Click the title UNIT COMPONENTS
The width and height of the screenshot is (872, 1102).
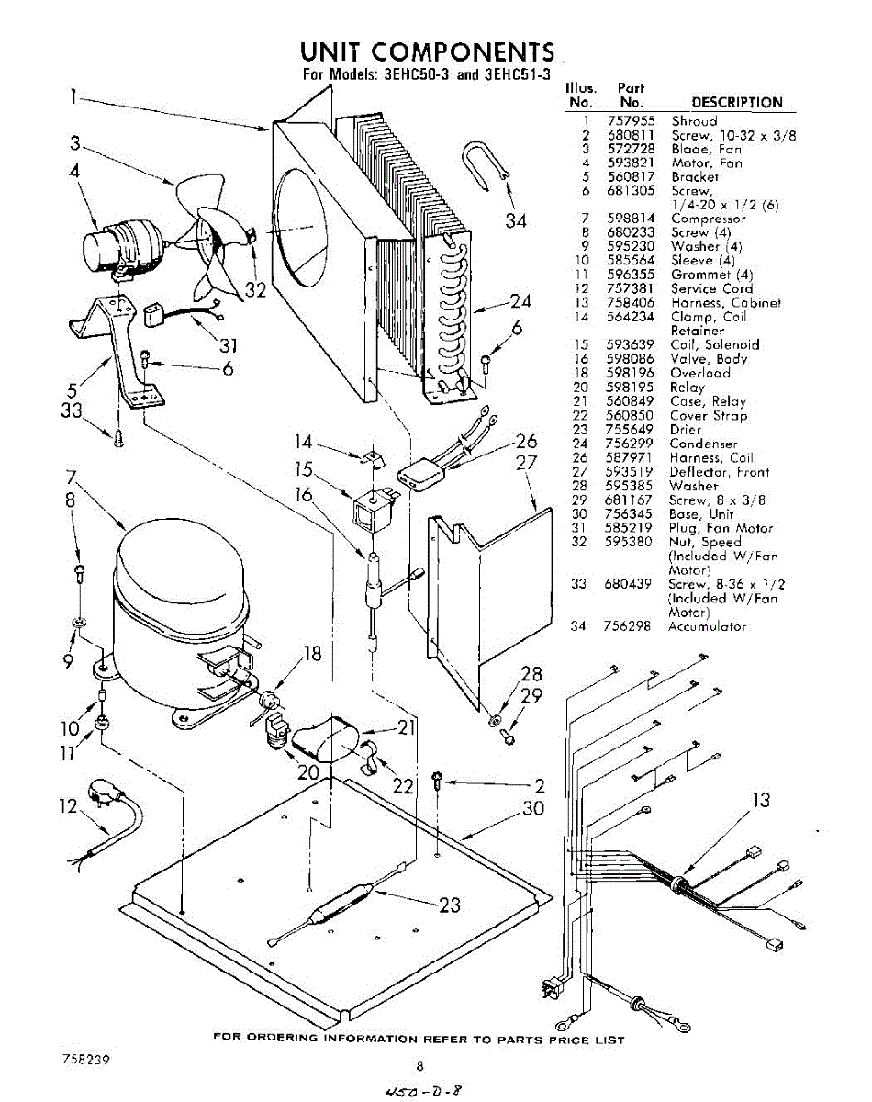click(x=428, y=51)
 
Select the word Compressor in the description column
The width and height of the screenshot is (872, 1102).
click(x=709, y=219)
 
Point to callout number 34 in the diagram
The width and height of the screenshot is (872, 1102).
click(x=517, y=220)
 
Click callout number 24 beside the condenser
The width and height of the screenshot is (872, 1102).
click(x=521, y=300)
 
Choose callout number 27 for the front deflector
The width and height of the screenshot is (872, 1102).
click(x=526, y=462)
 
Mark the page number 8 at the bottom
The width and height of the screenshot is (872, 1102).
click(x=420, y=1066)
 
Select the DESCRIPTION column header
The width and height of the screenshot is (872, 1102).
click(x=737, y=103)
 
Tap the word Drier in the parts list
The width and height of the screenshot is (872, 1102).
click(x=686, y=430)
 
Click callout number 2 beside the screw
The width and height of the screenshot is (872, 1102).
click(x=540, y=785)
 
